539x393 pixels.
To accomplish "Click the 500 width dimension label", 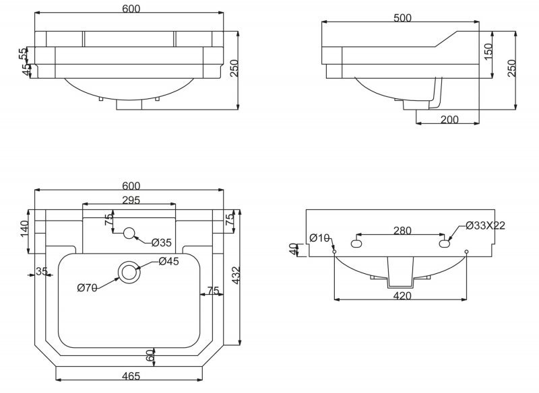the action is coord(402,18).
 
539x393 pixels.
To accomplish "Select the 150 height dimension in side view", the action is coord(488,52).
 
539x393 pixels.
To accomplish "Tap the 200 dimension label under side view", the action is coord(449,119).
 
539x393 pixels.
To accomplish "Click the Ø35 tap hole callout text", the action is coord(161,243).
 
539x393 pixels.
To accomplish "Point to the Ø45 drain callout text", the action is coord(169,261).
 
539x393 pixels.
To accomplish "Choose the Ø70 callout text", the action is coord(88,287).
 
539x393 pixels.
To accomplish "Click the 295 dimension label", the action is coord(131,200).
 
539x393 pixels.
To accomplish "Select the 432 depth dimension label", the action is coord(236,275).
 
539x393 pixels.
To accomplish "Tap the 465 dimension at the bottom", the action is coord(131,376).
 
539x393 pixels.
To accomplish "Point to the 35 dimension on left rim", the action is coord(42,271).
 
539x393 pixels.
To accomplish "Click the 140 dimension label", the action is coord(24,229).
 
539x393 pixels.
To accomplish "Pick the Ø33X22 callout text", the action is coord(485,225).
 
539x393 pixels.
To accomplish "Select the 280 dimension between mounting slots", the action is coord(402,231).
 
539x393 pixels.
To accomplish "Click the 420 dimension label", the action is coord(402,295).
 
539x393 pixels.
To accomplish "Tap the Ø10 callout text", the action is coord(319,238).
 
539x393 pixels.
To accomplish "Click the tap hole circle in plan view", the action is coord(129,234).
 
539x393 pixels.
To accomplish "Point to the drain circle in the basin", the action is coord(129,272).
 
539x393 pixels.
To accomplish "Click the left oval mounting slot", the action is coord(356,244).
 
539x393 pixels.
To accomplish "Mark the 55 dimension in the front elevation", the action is coord(23,53).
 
